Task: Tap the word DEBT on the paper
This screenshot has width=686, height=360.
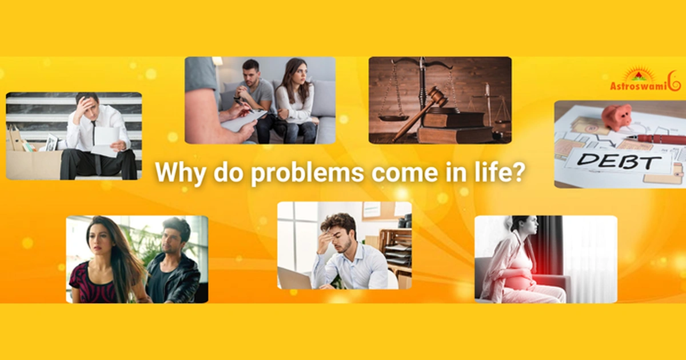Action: [619, 161]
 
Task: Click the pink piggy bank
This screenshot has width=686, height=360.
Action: [617, 117]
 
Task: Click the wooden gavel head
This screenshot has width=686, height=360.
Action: [436, 96]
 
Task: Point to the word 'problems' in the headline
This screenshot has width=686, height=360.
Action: [307, 173]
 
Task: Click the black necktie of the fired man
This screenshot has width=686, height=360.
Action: [95, 144]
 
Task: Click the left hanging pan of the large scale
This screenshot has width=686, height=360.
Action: [394, 118]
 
